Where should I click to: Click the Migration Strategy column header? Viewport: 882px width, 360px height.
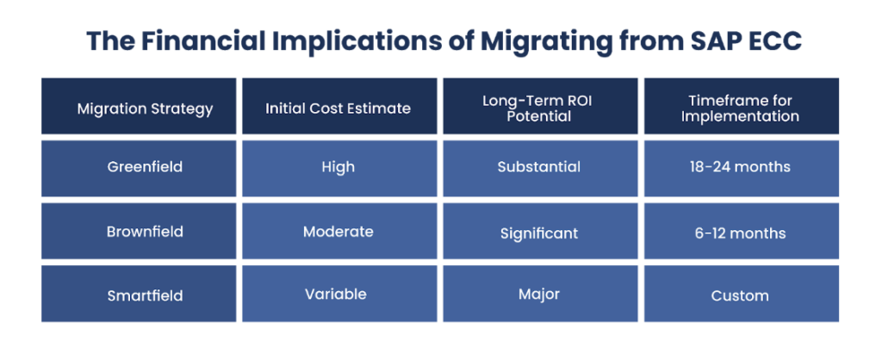coord(139,109)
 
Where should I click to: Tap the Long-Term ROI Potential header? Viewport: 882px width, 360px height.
coord(539,109)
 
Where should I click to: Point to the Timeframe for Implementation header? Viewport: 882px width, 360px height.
coord(740,109)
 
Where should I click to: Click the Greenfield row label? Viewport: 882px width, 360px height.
coord(139,167)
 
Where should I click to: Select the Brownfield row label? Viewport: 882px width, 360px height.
coord(139,232)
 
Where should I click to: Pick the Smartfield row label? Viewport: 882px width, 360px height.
coord(139,295)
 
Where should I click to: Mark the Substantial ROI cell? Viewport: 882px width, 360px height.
coord(539,167)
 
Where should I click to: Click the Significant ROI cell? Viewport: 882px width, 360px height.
coord(539,233)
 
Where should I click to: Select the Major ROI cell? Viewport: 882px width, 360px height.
coord(539,295)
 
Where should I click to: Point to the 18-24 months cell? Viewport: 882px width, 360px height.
coord(740,167)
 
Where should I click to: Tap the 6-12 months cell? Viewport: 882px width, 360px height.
coord(740,233)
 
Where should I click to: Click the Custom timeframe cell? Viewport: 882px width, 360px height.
coord(740,295)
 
